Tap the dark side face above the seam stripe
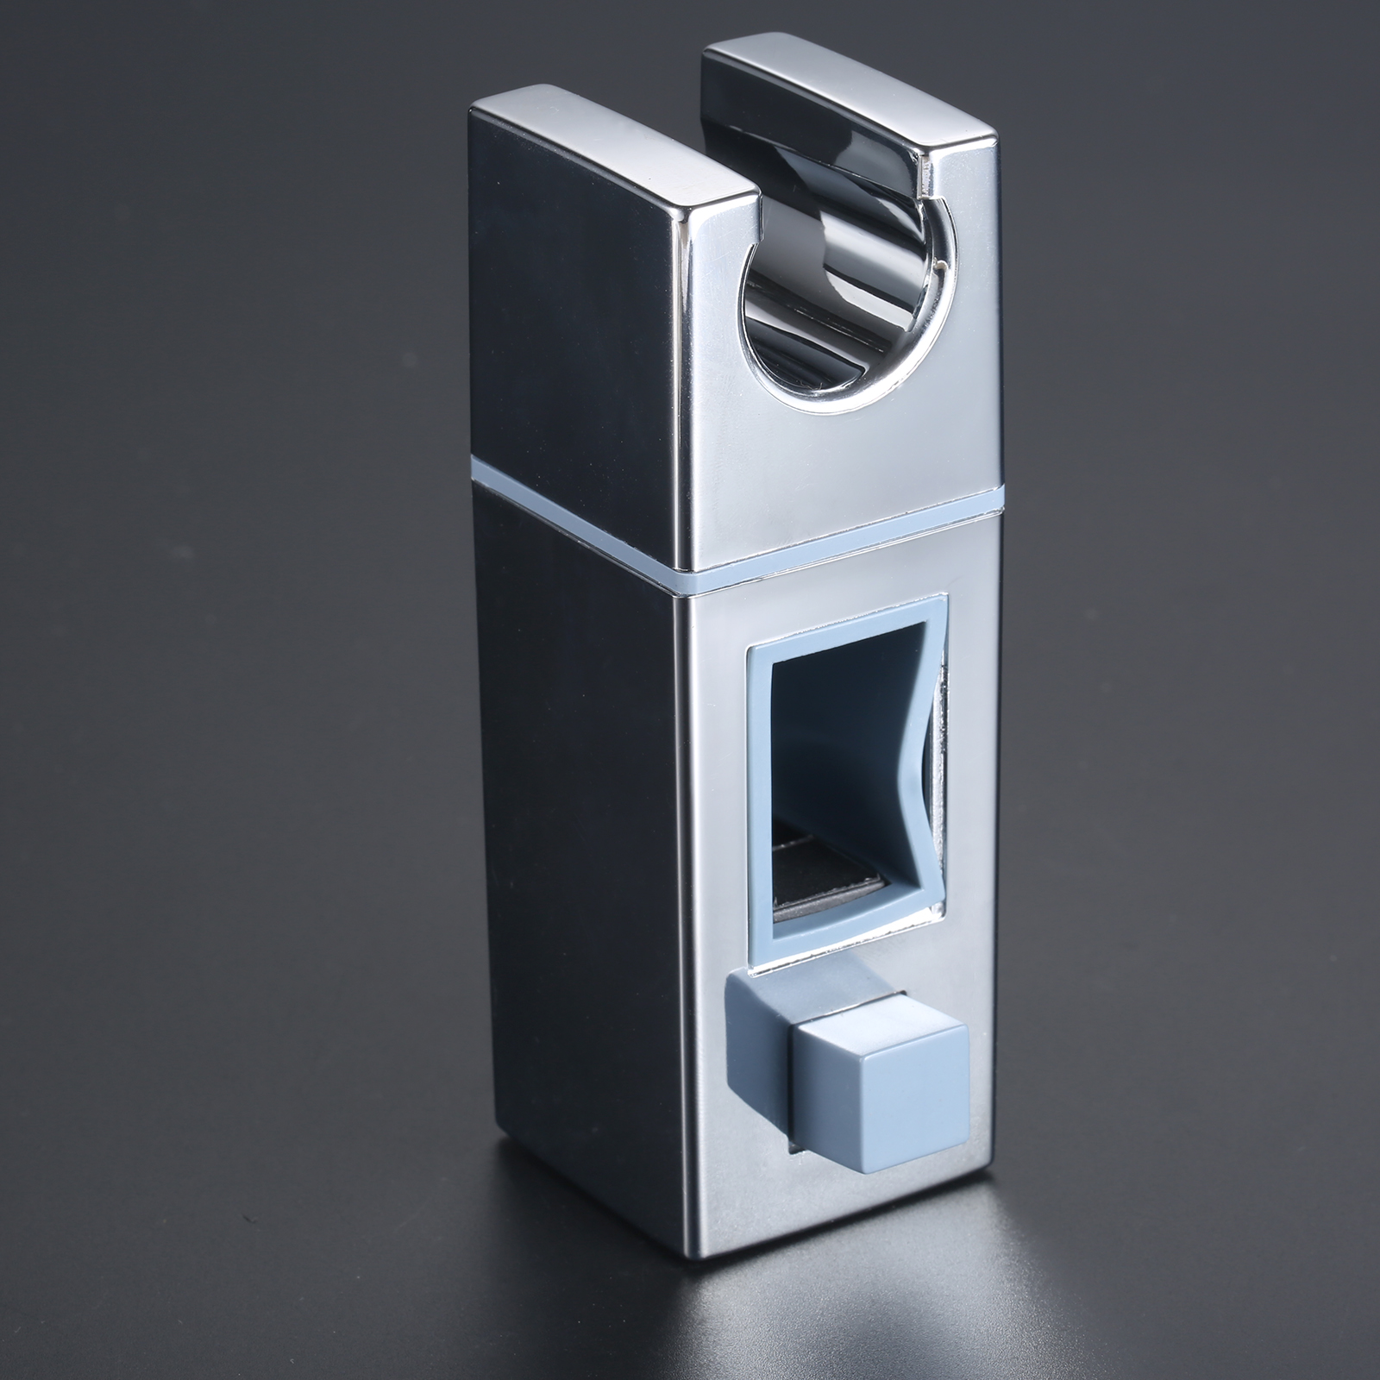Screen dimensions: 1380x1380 click(569, 302)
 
